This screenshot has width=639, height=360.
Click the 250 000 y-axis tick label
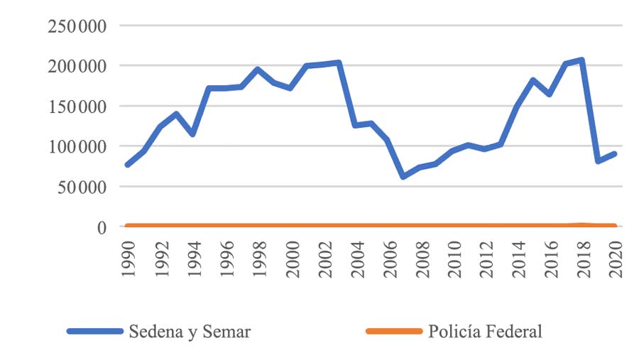coord(77,26)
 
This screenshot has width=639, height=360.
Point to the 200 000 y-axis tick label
coord(77,66)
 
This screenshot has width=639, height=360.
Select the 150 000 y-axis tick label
coord(77,107)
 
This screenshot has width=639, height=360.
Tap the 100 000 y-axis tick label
coord(77,147)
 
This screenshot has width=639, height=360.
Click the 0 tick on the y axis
coord(102,227)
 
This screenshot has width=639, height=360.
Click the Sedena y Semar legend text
coord(190,332)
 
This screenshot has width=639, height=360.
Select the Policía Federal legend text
coord(486,332)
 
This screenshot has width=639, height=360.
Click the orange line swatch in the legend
coord(392,332)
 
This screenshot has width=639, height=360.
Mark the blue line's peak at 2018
coord(581,60)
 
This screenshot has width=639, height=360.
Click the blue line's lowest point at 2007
coord(403,176)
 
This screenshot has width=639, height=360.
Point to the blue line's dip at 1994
coord(192,134)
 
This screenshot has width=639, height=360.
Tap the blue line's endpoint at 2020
coord(614,153)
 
